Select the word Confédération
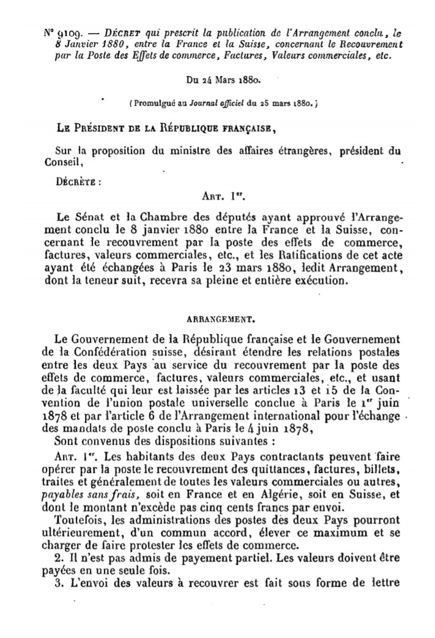[x=109, y=352]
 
